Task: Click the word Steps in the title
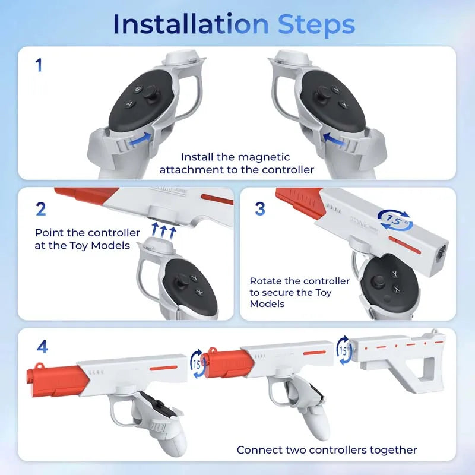[316, 24]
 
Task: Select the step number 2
[40, 209]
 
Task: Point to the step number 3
[259, 209]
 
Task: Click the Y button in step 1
[336, 91]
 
